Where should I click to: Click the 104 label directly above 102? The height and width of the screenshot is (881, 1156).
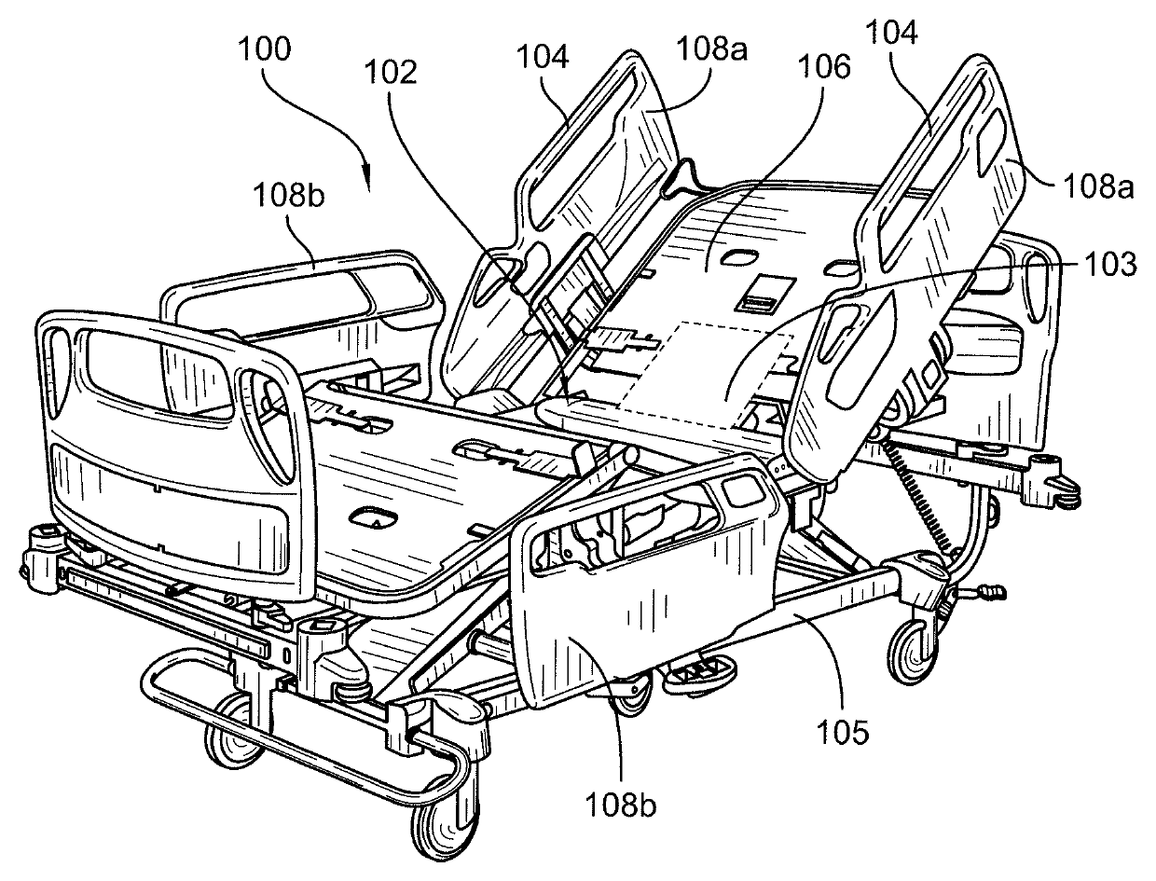point(544,58)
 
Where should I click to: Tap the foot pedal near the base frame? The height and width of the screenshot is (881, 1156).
point(698,671)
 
